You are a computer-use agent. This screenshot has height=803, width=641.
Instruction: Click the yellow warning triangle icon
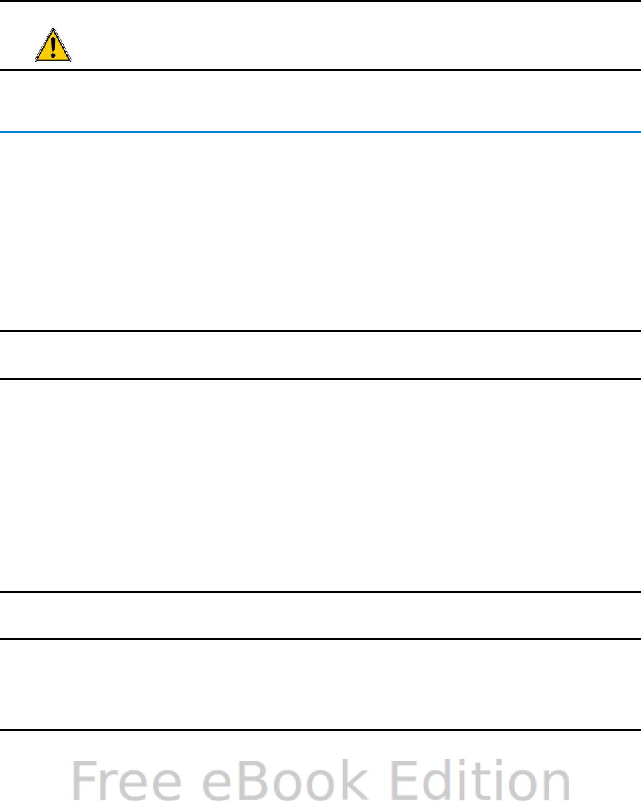pos(53,46)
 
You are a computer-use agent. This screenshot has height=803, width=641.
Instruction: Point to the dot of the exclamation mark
pos(53,55)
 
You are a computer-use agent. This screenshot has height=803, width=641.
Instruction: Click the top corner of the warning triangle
pos(53,30)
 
